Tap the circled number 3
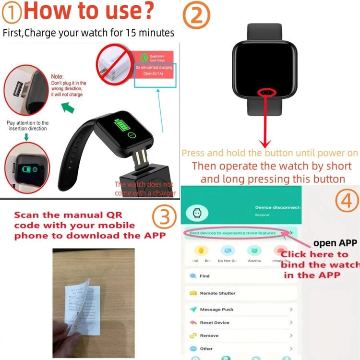tap(165, 218)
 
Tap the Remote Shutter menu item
tap(217, 293)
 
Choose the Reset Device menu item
tap(215, 323)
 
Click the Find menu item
tap(204, 276)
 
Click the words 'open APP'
tap(335, 243)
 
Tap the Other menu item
tap(206, 348)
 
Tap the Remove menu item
tap(209, 336)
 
